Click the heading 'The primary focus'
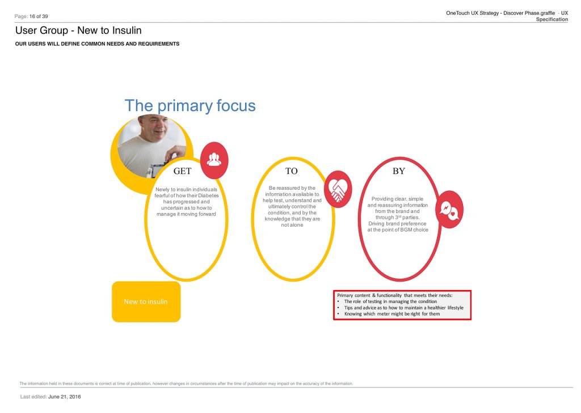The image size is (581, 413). pyautogui.click(x=190, y=106)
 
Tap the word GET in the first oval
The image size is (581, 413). pyautogui.click(x=182, y=171)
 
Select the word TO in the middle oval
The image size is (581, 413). pyautogui.click(x=291, y=171)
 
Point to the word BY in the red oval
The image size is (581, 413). pyautogui.click(x=399, y=171)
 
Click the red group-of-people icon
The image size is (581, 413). pyautogui.click(x=214, y=160)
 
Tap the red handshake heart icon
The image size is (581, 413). pyautogui.click(x=338, y=189)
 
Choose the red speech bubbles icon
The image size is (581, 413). pyautogui.click(x=449, y=210)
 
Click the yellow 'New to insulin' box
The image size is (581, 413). pyautogui.click(x=146, y=301)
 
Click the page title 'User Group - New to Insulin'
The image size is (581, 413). pyautogui.click(x=78, y=31)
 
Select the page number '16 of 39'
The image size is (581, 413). pyautogui.click(x=39, y=16)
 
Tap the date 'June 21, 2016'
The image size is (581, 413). pyautogui.click(x=65, y=397)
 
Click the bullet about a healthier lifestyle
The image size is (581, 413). pyautogui.click(x=404, y=308)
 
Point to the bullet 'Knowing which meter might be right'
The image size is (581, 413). pyautogui.click(x=392, y=314)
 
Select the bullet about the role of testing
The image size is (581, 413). pyautogui.click(x=390, y=301)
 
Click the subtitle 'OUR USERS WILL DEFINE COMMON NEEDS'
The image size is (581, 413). pyautogui.click(x=97, y=44)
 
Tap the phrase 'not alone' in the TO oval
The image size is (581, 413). pyautogui.click(x=292, y=225)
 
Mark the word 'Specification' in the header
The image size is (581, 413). pyautogui.click(x=551, y=19)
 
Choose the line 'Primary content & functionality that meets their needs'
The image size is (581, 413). pyautogui.click(x=395, y=295)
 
